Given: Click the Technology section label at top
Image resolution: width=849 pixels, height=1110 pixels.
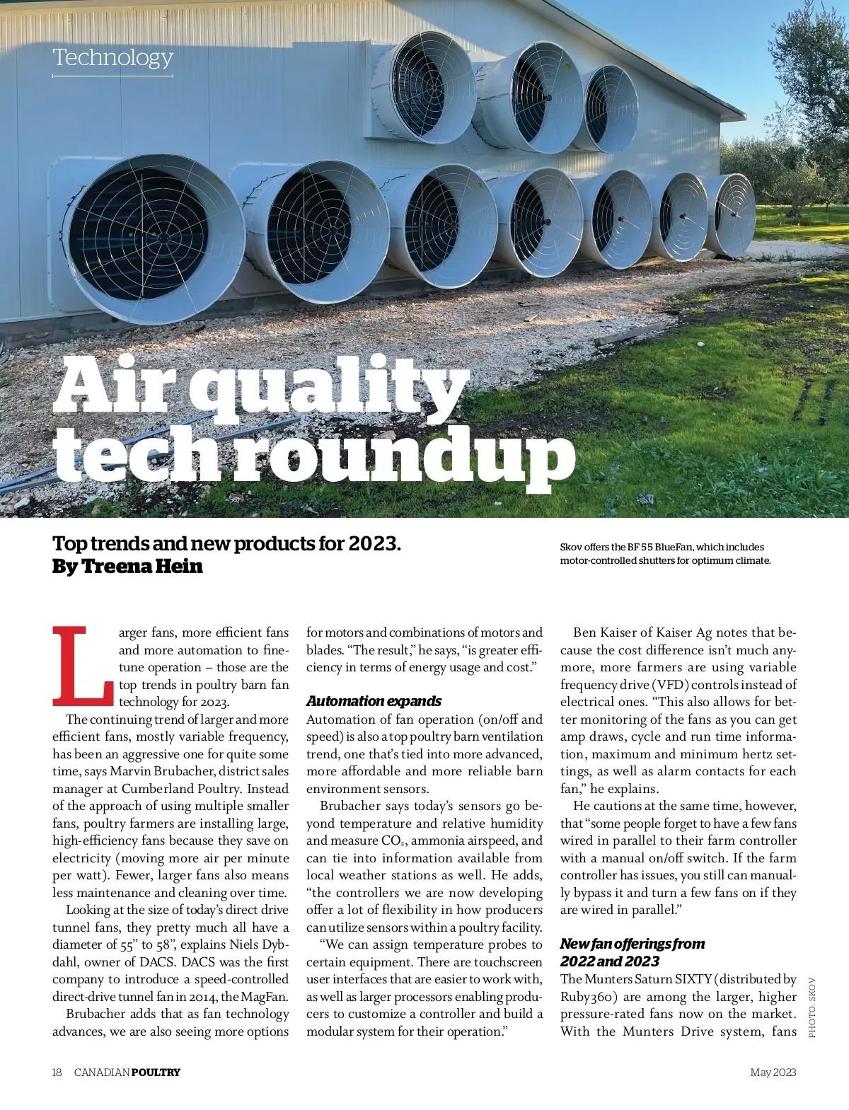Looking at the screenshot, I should [112, 57].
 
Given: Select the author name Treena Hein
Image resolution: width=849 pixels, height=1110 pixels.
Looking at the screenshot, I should [142, 567].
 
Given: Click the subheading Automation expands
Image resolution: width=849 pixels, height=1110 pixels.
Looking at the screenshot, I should [374, 701].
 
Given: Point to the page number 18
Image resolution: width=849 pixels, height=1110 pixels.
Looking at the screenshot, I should [57, 1073].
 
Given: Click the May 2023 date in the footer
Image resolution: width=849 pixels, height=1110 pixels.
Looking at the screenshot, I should [773, 1073].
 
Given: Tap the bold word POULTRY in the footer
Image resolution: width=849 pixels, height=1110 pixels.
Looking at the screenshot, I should [156, 1073].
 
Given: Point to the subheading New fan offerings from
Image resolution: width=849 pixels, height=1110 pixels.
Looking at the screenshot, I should [632, 944].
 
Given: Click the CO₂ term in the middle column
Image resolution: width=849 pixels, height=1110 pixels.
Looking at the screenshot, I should [393, 841].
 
